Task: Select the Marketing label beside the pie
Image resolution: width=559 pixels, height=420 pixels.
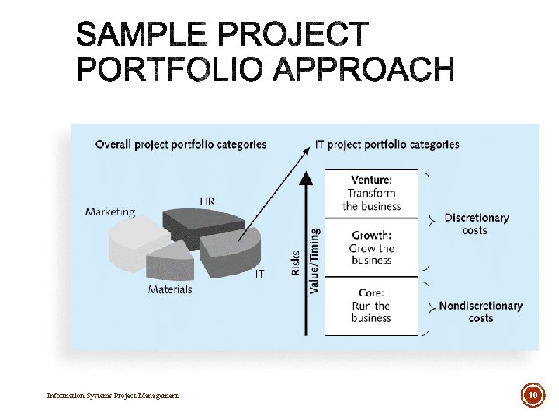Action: pos(109,212)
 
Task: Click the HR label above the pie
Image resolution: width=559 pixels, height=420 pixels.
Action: pos(207,201)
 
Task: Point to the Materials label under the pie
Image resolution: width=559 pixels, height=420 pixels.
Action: pos(170,289)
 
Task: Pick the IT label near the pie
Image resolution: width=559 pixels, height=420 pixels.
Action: pos(260,274)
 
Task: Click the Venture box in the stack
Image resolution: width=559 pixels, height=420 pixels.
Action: pos(371,193)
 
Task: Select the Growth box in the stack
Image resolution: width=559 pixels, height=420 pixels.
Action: pos(371,247)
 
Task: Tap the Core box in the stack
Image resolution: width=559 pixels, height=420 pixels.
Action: pos(371,305)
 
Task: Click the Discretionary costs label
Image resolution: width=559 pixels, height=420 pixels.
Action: pos(476,224)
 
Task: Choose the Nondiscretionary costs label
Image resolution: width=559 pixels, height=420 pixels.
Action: pos(481,311)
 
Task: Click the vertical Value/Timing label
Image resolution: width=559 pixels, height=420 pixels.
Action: pos(314,260)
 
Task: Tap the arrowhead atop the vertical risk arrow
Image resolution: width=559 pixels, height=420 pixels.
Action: pos(307,177)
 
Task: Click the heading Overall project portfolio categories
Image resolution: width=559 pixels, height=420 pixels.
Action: pos(180,144)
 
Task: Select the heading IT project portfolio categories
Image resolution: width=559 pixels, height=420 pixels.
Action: pos(387,144)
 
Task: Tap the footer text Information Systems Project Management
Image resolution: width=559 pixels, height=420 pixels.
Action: pos(113,396)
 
